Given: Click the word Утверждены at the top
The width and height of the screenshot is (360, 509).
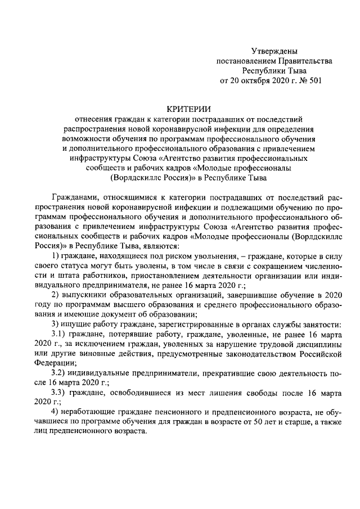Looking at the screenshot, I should coord(274,51).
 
